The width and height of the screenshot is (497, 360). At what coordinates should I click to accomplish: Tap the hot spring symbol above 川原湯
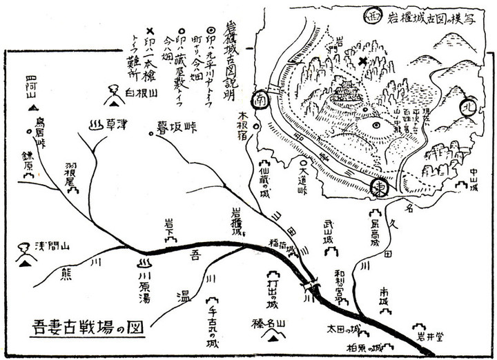click(x=145, y=263)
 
